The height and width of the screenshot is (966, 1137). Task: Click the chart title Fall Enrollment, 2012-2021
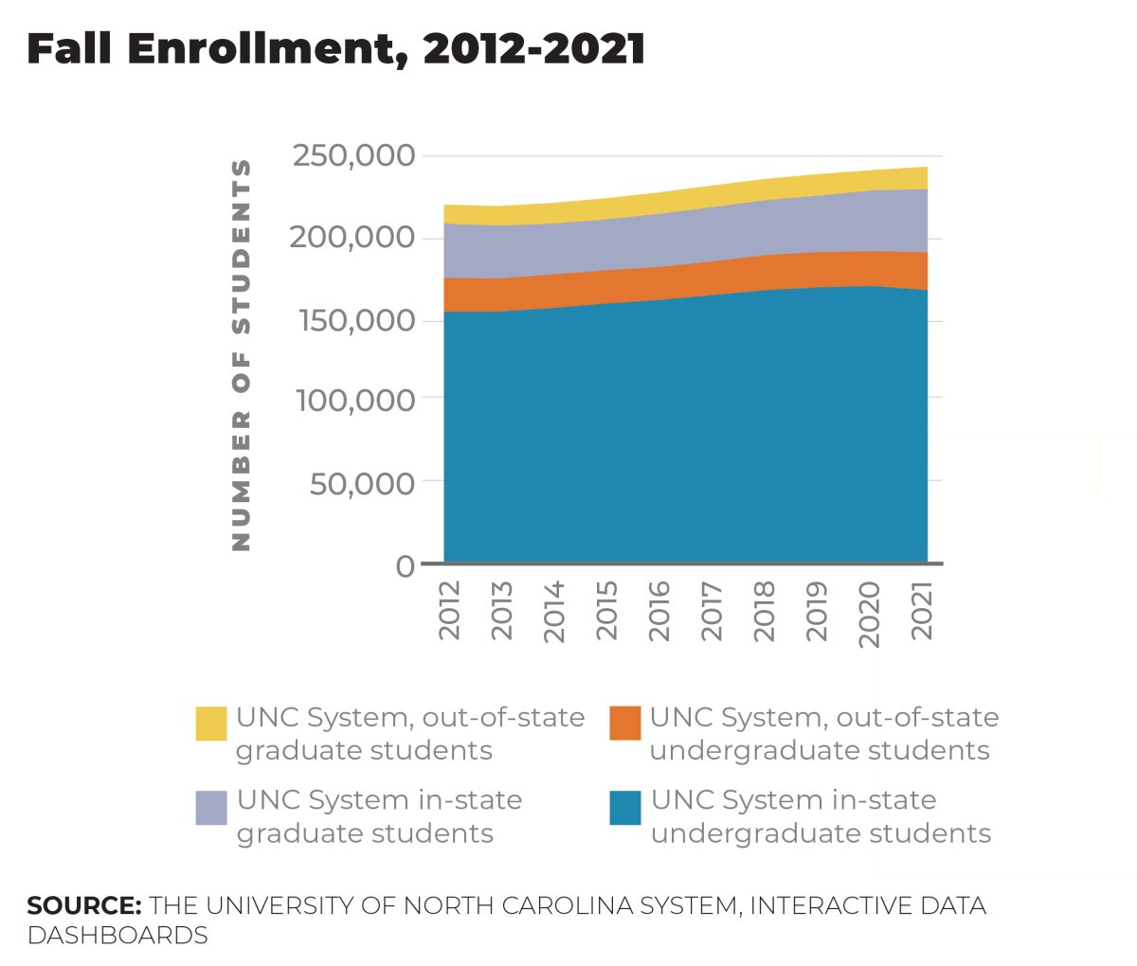pos(335,49)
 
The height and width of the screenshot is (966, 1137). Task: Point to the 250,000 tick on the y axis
pos(353,155)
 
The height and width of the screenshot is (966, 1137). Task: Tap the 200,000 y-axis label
pos(352,237)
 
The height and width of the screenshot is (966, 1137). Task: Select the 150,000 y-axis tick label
pos(356,320)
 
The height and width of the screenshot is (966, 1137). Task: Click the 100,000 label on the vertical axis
pos(356,401)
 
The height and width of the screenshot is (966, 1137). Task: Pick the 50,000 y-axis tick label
pos(362,483)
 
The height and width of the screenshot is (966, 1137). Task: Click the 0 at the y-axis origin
pos(406,565)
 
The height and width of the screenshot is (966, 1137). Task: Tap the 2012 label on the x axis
pos(449,611)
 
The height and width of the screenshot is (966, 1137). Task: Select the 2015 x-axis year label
pos(606,611)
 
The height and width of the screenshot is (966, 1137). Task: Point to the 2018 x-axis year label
pos(765,611)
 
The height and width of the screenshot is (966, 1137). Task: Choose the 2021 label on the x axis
pos(922,611)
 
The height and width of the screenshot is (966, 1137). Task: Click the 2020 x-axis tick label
pos(870,615)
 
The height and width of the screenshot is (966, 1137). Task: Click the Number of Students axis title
pos(242,355)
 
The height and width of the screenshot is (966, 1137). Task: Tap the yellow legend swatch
pos(211,723)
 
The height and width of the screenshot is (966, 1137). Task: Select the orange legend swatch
pos(625,723)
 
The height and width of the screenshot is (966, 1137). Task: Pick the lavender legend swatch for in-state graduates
pos(211,807)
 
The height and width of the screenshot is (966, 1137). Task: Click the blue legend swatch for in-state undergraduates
pos(625,807)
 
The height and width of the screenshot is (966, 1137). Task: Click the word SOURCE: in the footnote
pos(84,905)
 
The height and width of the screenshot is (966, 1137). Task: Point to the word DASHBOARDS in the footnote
pos(117,935)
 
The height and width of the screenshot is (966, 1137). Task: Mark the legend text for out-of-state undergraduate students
pos(822,734)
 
